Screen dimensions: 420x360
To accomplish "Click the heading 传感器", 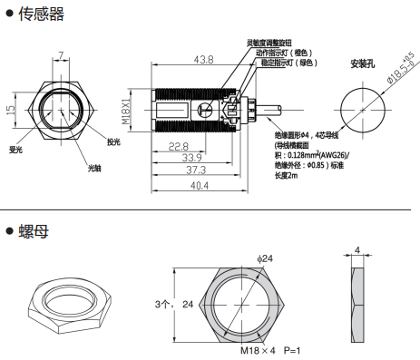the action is (42, 14).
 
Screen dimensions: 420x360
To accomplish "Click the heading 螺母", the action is (34, 231).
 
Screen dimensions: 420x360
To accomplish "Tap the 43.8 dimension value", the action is (203, 60).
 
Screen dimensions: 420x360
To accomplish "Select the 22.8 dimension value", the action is (179, 147).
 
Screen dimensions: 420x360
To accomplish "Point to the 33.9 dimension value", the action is (191, 158).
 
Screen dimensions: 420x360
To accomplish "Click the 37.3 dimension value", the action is (196, 170).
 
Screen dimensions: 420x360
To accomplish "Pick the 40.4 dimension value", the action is (200, 185).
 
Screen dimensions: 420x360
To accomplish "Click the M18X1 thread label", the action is (126, 110).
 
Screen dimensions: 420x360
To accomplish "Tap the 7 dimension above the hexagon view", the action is (61, 55).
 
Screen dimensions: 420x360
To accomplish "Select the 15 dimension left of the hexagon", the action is (10, 110).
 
